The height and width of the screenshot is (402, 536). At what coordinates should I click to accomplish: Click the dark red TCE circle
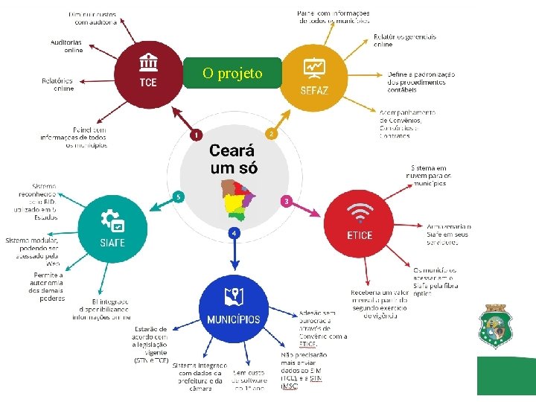pos(148,74)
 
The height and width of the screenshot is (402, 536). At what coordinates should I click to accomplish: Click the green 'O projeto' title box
pos(232,73)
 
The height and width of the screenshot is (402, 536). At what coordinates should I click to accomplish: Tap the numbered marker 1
pos(195,135)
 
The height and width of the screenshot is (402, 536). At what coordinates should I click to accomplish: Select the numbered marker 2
pos(272,134)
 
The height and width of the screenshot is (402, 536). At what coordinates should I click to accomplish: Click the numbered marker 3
pos(286,201)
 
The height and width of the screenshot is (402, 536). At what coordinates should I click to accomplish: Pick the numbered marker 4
pos(234,233)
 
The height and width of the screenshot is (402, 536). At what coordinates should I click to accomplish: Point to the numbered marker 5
pos(177,197)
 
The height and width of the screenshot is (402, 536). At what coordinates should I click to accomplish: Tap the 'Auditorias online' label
pos(67,46)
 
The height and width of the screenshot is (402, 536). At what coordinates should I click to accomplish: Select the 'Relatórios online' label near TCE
pos(58,84)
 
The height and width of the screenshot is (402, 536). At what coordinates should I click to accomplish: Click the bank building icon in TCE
pos(148,61)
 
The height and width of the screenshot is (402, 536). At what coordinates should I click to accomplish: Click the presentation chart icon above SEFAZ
pos(313,67)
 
